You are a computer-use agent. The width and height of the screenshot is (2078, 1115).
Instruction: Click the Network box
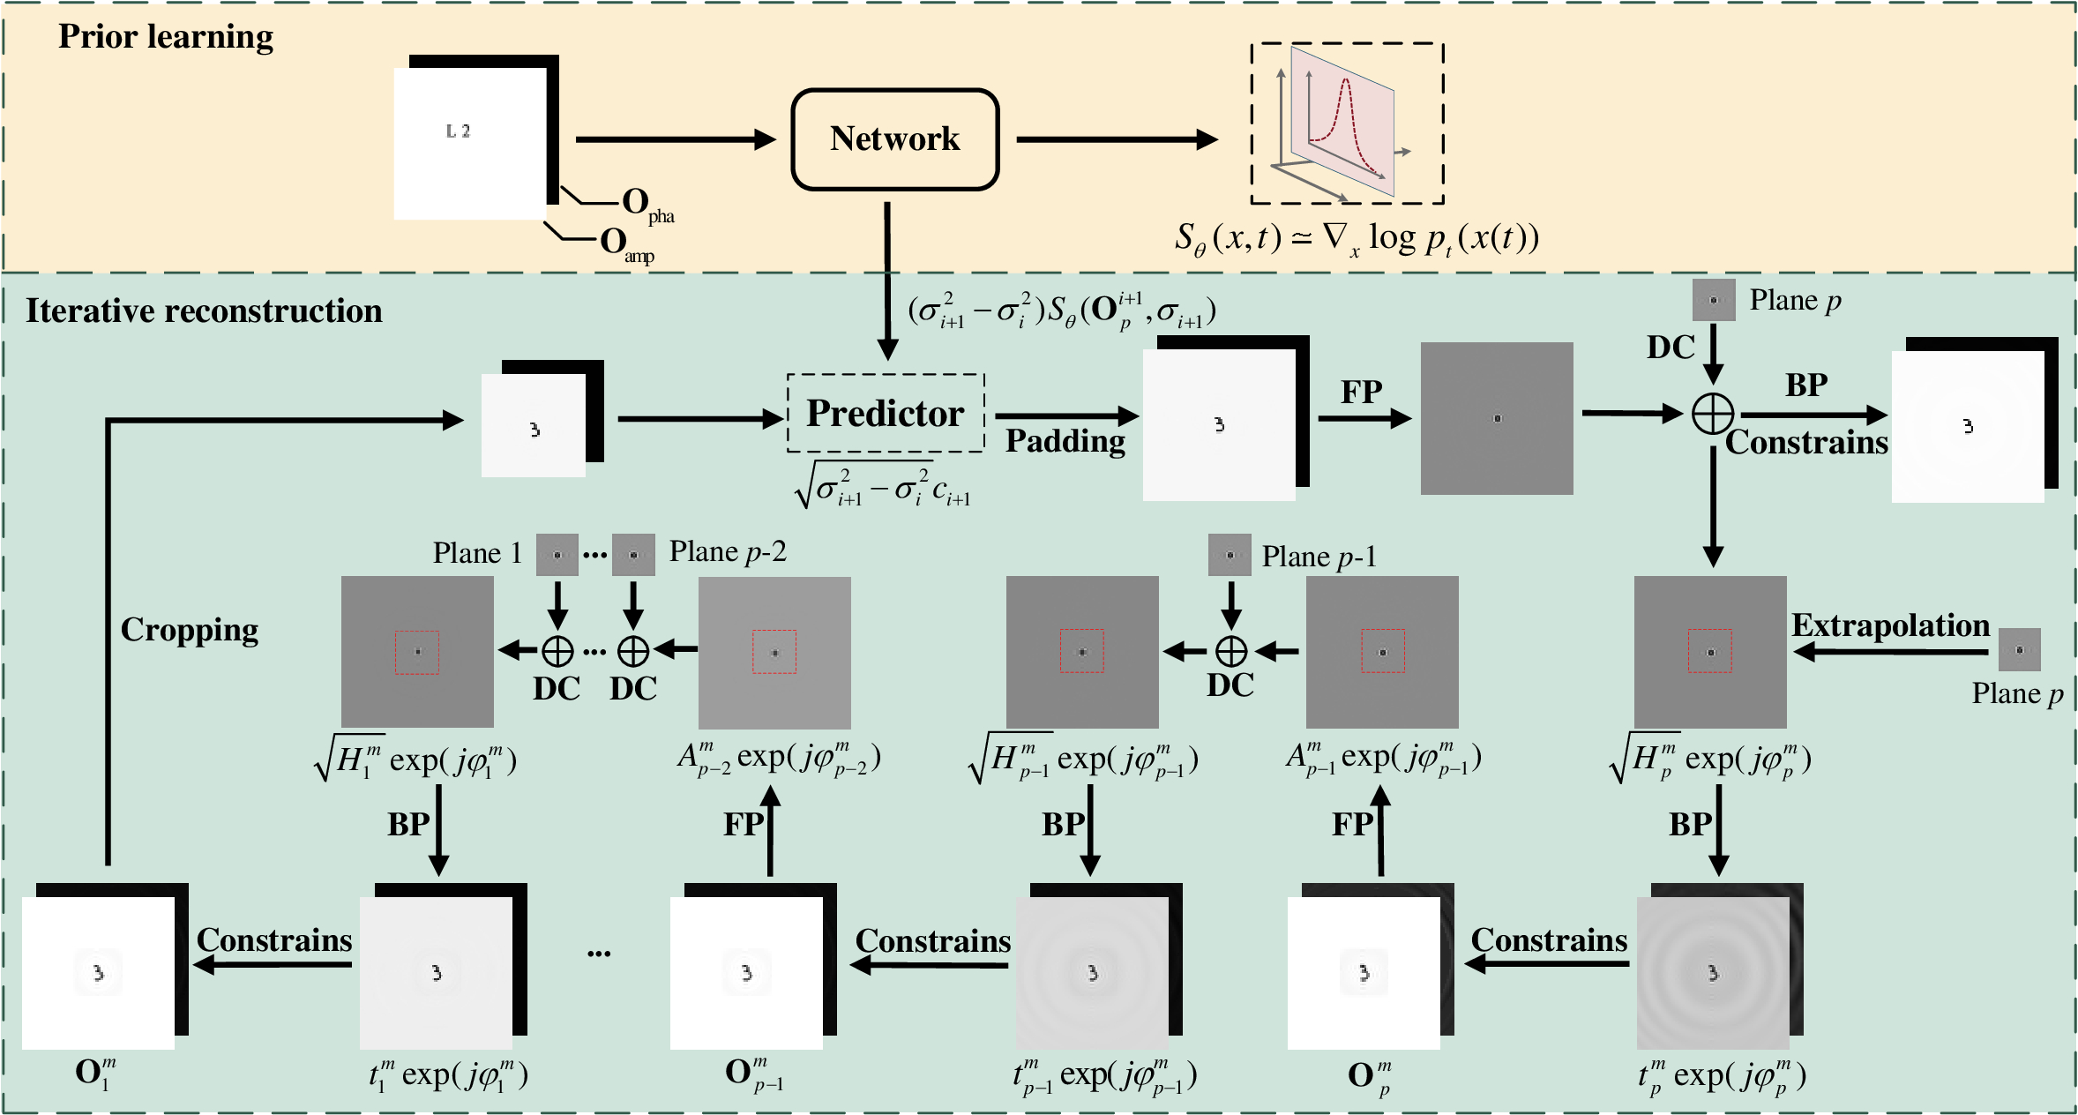[894, 139]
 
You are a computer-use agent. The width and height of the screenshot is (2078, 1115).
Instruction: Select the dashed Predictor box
[886, 413]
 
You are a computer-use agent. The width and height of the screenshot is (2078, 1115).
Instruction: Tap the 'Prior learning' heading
[166, 37]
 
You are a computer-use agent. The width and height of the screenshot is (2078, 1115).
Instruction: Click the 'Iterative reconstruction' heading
[204, 311]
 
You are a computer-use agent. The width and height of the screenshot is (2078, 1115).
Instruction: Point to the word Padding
[1065, 441]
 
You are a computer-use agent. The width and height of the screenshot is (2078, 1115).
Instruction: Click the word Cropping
[190, 630]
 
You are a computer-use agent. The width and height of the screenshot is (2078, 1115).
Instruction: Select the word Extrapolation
[1890, 625]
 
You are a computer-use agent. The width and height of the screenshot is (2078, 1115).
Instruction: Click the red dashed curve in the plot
[1346, 115]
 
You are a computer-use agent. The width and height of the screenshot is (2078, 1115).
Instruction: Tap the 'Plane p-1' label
[1319, 557]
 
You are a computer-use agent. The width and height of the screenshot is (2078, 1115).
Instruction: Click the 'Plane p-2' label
[728, 552]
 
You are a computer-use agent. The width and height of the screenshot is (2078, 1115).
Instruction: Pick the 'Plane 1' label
[477, 553]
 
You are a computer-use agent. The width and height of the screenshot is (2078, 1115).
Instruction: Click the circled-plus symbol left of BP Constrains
[1713, 414]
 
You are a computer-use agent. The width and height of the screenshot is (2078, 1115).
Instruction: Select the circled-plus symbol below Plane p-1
[1231, 652]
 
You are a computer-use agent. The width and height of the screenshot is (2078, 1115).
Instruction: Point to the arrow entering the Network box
[675, 139]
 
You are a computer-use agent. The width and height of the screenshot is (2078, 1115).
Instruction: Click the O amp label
[626, 243]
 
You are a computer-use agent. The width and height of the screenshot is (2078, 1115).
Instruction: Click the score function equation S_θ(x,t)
[1356, 238]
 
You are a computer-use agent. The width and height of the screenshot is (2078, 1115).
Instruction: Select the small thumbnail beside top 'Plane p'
[1713, 300]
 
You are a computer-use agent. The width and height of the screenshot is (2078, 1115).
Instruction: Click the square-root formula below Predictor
[882, 485]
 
